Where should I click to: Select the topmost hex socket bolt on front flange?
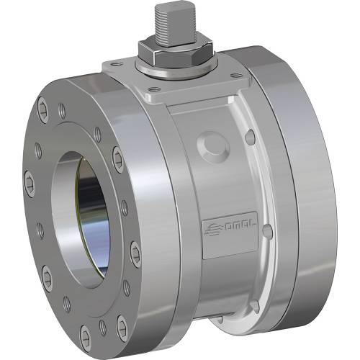click(63, 110)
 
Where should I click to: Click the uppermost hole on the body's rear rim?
click(251, 135)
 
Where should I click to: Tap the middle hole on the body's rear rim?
click(267, 230)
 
